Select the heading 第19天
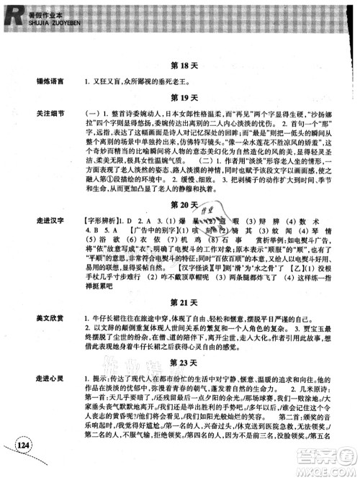[186, 96]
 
